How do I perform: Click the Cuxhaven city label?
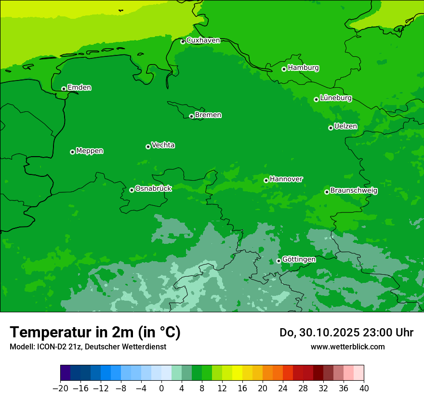point(203,40)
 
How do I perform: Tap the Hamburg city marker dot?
point(284,69)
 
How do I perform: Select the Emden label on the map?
point(79,88)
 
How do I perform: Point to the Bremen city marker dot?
point(191,116)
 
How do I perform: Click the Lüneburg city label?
point(335,98)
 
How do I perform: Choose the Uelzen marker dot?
point(331,128)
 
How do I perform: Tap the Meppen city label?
point(90,151)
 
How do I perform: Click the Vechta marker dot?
point(148,147)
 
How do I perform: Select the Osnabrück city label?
point(153,188)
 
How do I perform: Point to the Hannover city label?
point(286,179)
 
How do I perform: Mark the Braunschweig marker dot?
point(327,192)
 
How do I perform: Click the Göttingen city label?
point(299,259)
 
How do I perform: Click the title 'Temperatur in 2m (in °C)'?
point(95,332)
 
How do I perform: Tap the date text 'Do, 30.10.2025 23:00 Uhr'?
point(346,333)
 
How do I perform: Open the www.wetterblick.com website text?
point(347,347)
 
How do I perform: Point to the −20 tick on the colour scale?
point(60,388)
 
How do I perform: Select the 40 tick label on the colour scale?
point(364,388)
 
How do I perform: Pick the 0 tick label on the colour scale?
point(161,388)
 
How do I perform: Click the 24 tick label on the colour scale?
point(283,388)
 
